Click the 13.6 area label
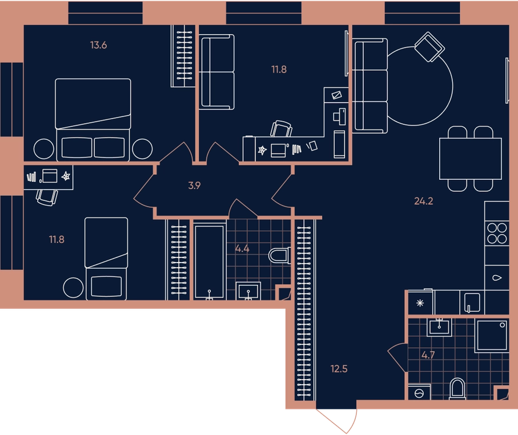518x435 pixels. [x=98, y=45]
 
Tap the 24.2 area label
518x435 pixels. [x=424, y=201]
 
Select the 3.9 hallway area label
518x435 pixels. [x=194, y=186]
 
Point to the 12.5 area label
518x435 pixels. [x=339, y=369]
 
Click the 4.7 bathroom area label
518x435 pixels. [x=428, y=356]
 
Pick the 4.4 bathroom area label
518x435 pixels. [x=242, y=249]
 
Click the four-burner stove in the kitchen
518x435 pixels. [x=497, y=233]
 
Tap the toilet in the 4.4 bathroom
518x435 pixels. [x=279, y=255]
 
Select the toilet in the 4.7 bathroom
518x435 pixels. [x=457, y=389]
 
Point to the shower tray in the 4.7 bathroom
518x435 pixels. [x=492, y=335]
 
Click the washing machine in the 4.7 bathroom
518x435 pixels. [x=419, y=392]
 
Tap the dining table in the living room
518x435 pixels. [x=471, y=159]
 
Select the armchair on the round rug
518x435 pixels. [x=429, y=47]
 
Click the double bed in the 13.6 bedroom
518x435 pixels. [x=93, y=119]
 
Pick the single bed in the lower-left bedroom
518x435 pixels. [x=106, y=259]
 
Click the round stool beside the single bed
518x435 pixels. [x=73, y=288]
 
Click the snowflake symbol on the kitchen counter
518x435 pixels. [x=420, y=303]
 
